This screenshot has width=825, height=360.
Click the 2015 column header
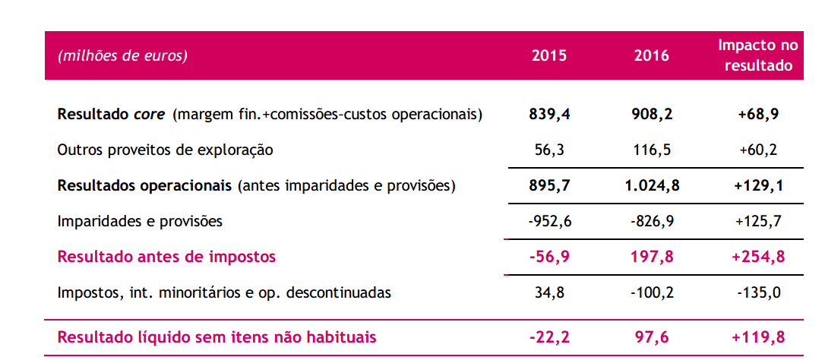(549, 55)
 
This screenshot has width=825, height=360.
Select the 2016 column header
(651, 55)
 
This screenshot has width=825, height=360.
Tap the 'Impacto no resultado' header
(758, 55)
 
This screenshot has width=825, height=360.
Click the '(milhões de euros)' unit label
(122, 55)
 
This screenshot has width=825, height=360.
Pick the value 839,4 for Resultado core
(549, 115)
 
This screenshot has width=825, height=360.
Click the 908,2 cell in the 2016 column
(652, 115)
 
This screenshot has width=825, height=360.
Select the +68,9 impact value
(758, 115)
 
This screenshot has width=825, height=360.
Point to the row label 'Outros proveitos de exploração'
(165, 150)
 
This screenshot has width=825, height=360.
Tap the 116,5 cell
(652, 150)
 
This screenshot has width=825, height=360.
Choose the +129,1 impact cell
(758, 185)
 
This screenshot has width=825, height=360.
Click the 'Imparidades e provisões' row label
(140, 221)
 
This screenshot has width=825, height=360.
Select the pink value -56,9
(548, 257)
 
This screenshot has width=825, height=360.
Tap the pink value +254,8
(758, 257)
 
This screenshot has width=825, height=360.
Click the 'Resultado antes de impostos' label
(166, 257)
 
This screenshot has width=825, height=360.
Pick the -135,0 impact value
(758, 292)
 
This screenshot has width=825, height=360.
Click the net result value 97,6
(652, 336)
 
